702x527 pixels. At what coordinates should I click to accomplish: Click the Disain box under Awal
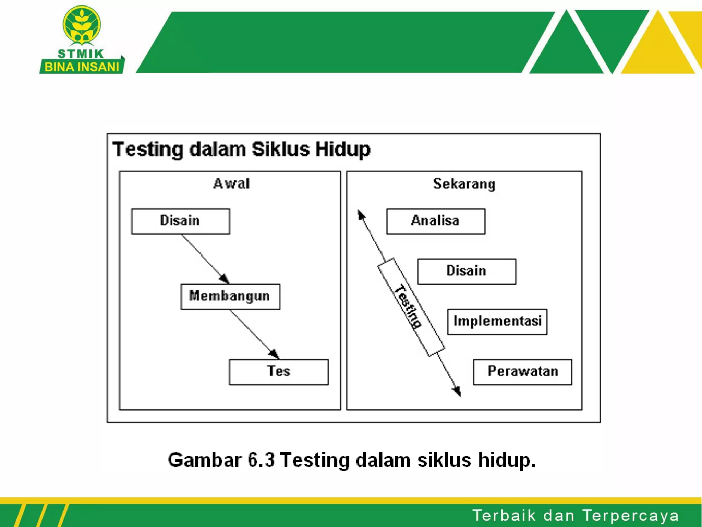(181, 221)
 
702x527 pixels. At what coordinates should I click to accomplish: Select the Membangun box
(230, 296)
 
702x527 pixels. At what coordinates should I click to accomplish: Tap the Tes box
(279, 372)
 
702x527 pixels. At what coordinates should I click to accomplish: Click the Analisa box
(436, 221)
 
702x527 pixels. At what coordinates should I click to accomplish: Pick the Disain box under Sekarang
(467, 271)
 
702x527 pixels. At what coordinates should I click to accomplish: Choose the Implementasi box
(497, 321)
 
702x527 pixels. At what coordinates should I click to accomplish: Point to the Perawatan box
(522, 372)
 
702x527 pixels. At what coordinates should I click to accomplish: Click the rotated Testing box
(411, 307)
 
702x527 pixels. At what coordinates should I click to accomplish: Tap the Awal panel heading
(231, 184)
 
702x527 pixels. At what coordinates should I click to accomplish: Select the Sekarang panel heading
(464, 184)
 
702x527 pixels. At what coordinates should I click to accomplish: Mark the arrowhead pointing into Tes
(275, 354)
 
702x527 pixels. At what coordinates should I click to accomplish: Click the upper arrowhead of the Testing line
(361, 215)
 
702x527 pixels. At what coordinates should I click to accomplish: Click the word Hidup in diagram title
(343, 150)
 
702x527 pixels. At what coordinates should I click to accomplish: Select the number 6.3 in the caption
(261, 460)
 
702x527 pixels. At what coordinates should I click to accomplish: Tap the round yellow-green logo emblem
(82, 25)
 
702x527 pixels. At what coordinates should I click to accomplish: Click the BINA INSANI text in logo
(82, 67)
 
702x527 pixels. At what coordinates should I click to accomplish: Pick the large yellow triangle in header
(657, 48)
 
